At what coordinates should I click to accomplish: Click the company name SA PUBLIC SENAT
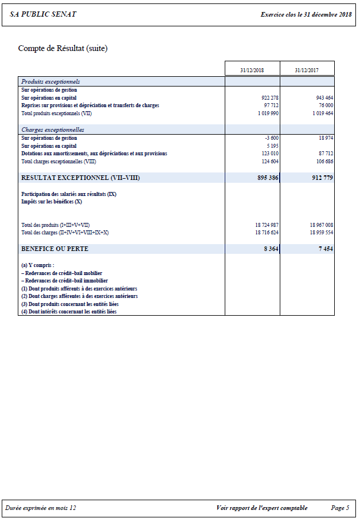pyautogui.click(x=43, y=14)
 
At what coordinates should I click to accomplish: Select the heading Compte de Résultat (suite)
pyautogui.click(x=62, y=48)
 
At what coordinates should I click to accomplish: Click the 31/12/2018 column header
pyautogui.click(x=252, y=70)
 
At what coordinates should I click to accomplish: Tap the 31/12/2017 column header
pyautogui.click(x=307, y=70)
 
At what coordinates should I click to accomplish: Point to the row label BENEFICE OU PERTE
pyautogui.click(x=55, y=249)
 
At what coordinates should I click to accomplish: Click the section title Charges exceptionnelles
pyautogui.click(x=53, y=130)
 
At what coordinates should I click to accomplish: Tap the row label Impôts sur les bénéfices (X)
pyautogui.click(x=52, y=202)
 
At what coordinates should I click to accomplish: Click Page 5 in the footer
pyautogui.click(x=340, y=508)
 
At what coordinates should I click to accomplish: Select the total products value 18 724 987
pyautogui.click(x=267, y=225)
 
